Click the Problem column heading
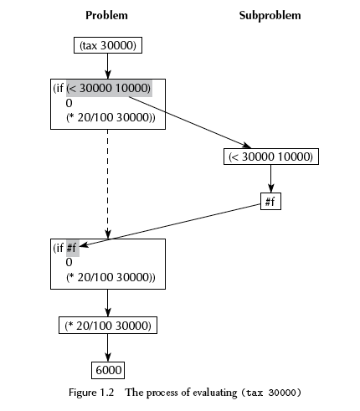click(106, 15)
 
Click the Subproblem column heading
click(270, 16)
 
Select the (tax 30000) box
click(108, 45)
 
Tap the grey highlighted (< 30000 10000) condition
click(109, 88)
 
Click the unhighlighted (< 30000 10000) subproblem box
click(271, 157)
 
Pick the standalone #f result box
click(270, 201)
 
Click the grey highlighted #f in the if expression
click(73, 248)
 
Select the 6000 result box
click(108, 370)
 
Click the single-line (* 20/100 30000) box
click(108, 326)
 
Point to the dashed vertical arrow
click(108, 184)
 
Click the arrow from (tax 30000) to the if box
click(108, 66)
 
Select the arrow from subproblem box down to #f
click(270, 178)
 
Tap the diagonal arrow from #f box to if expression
click(170, 225)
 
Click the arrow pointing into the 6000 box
click(108, 347)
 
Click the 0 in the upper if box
click(69, 103)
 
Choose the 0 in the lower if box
click(69, 262)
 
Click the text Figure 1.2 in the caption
click(91, 393)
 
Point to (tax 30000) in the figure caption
click(270, 393)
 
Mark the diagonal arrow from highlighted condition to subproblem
click(190, 122)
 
